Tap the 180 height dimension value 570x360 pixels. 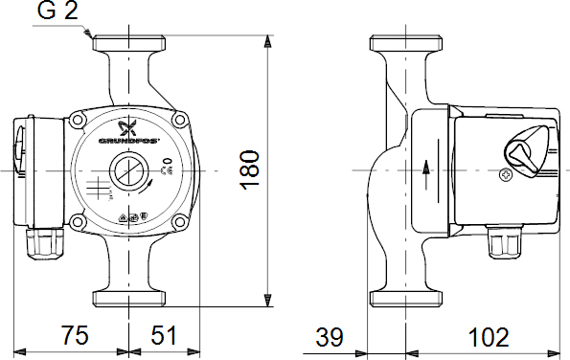(x=250, y=169)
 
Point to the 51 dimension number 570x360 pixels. (x=165, y=335)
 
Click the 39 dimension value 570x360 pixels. (x=331, y=337)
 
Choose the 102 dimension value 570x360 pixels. (x=489, y=337)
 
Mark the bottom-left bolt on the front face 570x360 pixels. (x=77, y=224)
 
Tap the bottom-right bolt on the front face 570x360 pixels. (x=180, y=224)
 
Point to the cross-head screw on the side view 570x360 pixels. (x=507, y=175)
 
